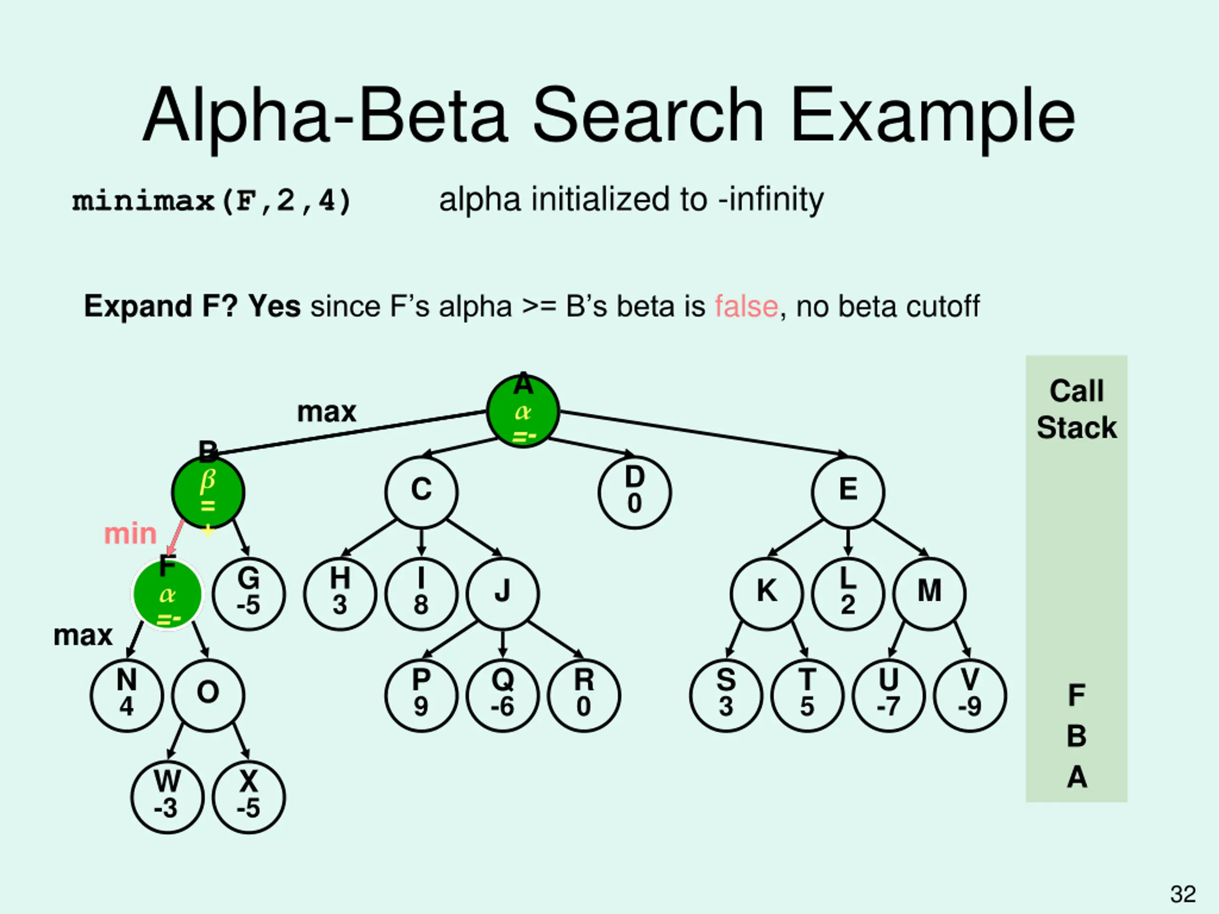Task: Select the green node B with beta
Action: click(208, 492)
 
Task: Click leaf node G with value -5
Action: click(249, 593)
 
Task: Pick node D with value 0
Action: click(634, 492)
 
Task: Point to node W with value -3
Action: click(168, 796)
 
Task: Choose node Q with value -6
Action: click(502, 695)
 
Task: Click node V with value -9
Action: click(970, 695)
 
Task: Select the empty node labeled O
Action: click(208, 695)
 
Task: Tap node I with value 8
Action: click(421, 593)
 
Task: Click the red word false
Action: click(746, 306)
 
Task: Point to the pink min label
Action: click(130, 534)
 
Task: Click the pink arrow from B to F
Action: click(176, 537)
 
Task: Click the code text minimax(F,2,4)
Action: click(211, 200)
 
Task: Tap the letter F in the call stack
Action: click(1076, 695)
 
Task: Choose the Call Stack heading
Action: click(1076, 409)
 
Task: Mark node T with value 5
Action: click(807, 695)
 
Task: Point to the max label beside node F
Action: click(83, 635)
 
